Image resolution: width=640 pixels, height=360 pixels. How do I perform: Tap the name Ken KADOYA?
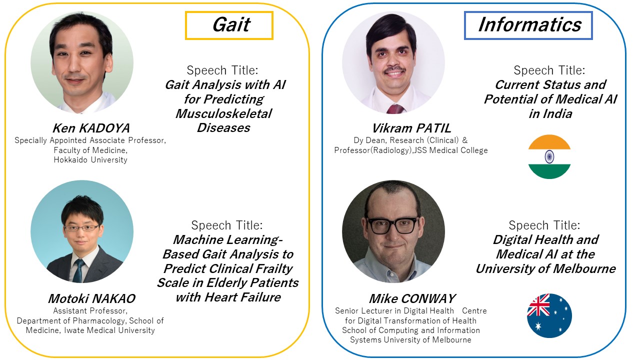tap(91, 128)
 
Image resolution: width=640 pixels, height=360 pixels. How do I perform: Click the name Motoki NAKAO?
tap(91, 298)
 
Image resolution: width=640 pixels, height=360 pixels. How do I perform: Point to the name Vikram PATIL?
tap(411, 128)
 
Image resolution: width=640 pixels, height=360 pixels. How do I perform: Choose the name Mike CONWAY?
tap(411, 298)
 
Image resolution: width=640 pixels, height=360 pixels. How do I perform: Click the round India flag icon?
tap(549, 157)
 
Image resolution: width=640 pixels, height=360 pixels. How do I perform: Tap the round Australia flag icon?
tap(549, 315)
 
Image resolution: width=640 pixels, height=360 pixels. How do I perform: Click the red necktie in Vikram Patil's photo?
tap(395, 109)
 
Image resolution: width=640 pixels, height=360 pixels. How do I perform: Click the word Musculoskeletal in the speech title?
tap(223, 113)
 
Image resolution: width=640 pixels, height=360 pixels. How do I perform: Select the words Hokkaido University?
tap(90, 159)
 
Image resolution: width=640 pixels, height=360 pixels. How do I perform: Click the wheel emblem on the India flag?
tap(549, 157)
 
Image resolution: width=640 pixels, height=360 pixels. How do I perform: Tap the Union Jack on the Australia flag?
tap(538, 305)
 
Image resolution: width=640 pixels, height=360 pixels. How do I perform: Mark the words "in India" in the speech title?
tap(550, 113)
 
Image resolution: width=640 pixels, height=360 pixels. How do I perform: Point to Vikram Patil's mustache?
tap(394, 69)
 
